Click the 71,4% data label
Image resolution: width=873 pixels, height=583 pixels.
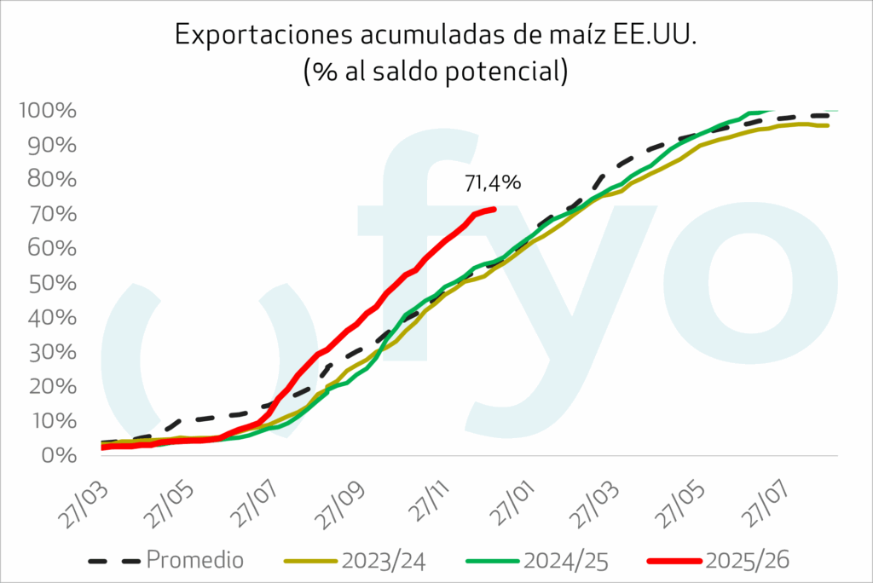[x=492, y=182]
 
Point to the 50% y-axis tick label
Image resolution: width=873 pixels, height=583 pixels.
[x=59, y=283]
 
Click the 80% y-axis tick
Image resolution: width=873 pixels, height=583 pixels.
[x=59, y=180]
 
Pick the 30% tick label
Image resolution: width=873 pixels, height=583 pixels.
[x=59, y=352]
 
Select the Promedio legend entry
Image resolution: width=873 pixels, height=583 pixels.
[x=195, y=560]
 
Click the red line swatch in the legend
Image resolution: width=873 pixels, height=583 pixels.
[x=674, y=561]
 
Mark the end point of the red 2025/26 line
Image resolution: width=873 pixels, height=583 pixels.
[x=494, y=209]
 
